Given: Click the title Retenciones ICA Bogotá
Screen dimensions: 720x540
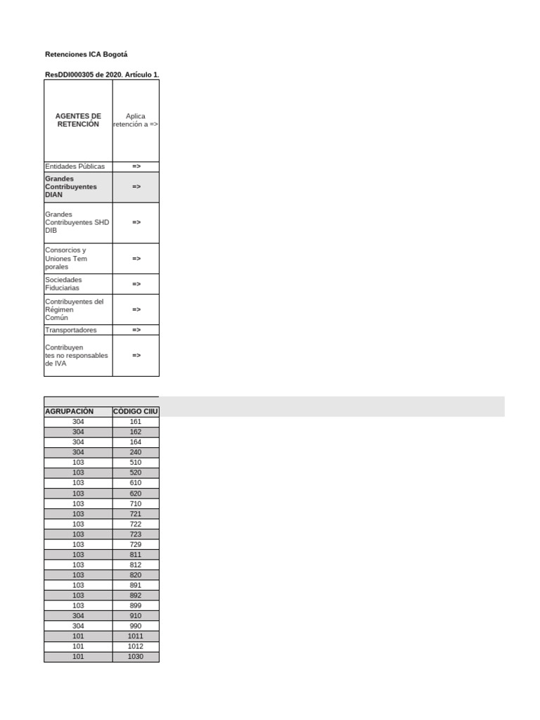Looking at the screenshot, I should (x=86, y=54).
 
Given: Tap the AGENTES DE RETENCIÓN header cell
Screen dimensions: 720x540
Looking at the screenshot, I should (x=78, y=120).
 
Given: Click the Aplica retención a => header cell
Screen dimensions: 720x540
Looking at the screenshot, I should (x=136, y=120).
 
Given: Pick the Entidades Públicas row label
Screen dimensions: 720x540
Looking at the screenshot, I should (x=75, y=167).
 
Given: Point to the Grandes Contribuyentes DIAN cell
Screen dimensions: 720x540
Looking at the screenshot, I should (x=71, y=187).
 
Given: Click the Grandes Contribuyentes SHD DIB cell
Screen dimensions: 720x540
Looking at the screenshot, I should (x=77, y=222).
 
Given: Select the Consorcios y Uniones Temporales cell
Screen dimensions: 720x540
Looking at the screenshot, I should (x=66, y=259).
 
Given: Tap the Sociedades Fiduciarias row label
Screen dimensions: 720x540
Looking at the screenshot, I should (x=63, y=284).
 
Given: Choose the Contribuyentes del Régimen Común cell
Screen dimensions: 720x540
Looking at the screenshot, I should (x=74, y=309).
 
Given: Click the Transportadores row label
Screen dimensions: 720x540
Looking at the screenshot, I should (x=71, y=330).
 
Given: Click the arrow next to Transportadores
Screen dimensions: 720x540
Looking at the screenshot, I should (x=136, y=330).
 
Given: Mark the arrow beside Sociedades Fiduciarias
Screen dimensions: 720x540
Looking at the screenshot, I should (x=136, y=284).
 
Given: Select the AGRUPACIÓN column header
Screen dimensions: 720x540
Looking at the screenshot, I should (x=69, y=411).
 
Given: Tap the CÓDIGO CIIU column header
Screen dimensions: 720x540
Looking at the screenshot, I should (x=136, y=411).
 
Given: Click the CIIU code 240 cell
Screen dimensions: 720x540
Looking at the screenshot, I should (x=136, y=452).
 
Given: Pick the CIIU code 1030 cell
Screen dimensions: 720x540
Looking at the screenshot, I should (x=136, y=657).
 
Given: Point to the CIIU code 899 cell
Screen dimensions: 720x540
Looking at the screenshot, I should (x=136, y=605).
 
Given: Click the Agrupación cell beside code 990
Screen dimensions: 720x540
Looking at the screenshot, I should (x=78, y=626).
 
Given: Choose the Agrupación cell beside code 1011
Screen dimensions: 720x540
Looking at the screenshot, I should (x=78, y=636).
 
